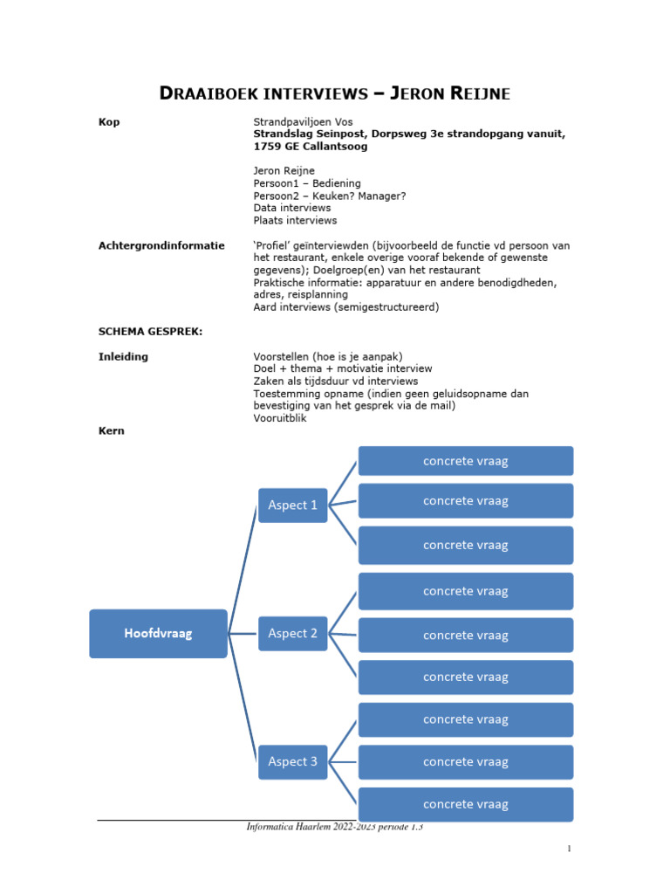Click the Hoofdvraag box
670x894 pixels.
158,634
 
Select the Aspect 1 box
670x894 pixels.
292,505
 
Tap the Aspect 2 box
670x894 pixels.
292,634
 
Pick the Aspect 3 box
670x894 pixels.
292,762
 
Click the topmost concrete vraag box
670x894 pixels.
465,461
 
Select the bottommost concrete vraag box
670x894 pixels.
465,804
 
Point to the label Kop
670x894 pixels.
109,122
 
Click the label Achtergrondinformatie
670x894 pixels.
161,246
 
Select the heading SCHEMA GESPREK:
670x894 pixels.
150,332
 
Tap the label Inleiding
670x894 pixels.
123,356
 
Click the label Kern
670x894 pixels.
112,430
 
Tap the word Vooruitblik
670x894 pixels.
280,418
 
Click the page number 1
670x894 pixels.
569,849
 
